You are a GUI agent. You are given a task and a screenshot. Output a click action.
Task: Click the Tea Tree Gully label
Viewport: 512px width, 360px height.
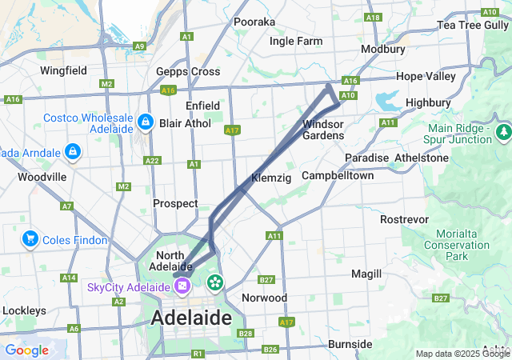[471, 26]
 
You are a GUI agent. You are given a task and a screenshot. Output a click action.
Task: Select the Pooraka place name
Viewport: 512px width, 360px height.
[254, 22]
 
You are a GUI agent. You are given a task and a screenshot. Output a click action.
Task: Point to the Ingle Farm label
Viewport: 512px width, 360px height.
[296, 41]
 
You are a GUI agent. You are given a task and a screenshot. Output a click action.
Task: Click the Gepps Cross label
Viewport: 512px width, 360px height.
[188, 71]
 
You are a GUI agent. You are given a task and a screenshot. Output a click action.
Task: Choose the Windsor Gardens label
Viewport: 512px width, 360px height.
[323, 130]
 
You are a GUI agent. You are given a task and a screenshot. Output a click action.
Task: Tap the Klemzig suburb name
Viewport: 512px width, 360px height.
[271, 177]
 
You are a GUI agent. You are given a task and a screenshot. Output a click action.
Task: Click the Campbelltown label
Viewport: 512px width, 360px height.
[337, 175]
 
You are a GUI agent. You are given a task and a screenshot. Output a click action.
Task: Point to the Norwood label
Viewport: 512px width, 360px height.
[264, 298]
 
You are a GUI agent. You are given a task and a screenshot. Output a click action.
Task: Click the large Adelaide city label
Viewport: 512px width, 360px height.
[191, 318]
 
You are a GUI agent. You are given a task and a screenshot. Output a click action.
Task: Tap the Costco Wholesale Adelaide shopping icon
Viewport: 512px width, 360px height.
[145, 122]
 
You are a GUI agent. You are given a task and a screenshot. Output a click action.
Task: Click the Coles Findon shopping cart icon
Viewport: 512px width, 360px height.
[30, 238]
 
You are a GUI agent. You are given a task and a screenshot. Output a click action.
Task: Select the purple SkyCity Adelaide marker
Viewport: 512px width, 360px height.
[183, 285]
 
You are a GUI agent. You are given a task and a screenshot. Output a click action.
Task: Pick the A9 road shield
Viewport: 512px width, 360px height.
[139, 46]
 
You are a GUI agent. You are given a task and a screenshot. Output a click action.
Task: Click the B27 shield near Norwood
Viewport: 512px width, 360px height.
[266, 280]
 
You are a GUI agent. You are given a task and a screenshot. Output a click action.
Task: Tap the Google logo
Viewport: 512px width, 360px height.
[26, 350]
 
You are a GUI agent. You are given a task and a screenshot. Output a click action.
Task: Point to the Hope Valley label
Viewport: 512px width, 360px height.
[426, 77]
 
